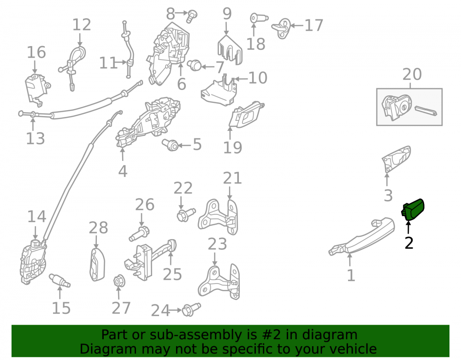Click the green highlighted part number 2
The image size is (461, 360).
click(413, 210)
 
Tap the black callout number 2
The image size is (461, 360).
click(409, 243)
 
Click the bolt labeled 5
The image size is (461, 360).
click(171, 144)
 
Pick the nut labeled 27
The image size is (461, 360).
click(119, 281)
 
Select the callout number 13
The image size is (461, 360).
click(35, 138)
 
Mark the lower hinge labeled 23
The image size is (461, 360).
click(219, 282)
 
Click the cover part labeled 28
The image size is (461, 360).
click(97, 265)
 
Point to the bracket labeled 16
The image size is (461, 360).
click(37, 90)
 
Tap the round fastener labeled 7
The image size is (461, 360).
click(195, 65)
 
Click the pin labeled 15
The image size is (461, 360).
click(59, 280)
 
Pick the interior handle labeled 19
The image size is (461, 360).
click(246, 115)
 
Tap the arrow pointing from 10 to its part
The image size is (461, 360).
click(241, 79)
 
